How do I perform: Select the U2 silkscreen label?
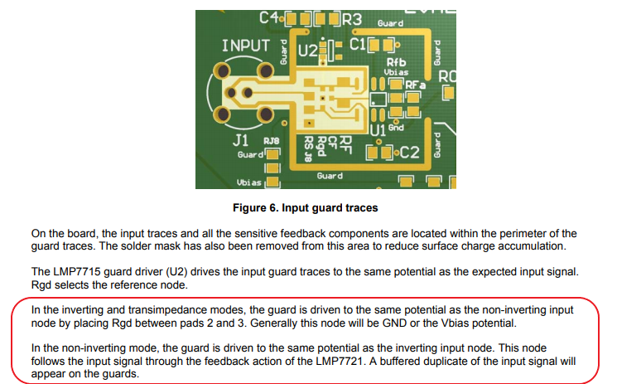click(307, 51)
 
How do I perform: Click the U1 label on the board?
click(377, 130)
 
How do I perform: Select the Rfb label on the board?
click(396, 63)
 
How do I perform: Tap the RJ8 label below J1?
click(272, 141)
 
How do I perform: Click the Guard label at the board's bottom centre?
click(330, 176)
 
